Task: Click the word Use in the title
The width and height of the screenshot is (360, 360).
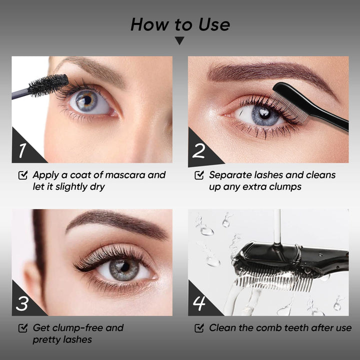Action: pos(214,24)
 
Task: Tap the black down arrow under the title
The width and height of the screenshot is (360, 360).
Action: pos(179,40)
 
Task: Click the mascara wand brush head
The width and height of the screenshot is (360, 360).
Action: pos(48,85)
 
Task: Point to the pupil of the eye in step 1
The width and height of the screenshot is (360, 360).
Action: pos(87,100)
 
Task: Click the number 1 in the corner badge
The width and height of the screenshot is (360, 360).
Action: pos(22,150)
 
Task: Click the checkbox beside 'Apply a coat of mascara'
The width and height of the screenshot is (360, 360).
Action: pos(23,175)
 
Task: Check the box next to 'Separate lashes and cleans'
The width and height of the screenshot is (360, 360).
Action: pos(199,175)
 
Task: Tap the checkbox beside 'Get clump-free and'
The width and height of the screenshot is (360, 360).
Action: pos(23,328)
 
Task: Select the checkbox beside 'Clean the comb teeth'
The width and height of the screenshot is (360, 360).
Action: pos(199,328)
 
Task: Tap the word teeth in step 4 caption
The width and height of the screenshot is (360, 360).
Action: pos(296,328)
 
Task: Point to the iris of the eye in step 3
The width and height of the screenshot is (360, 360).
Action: pos(124,269)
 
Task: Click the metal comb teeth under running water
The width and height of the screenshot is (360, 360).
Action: pos(273,279)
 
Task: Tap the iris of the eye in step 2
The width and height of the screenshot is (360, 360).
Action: pos(264,115)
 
